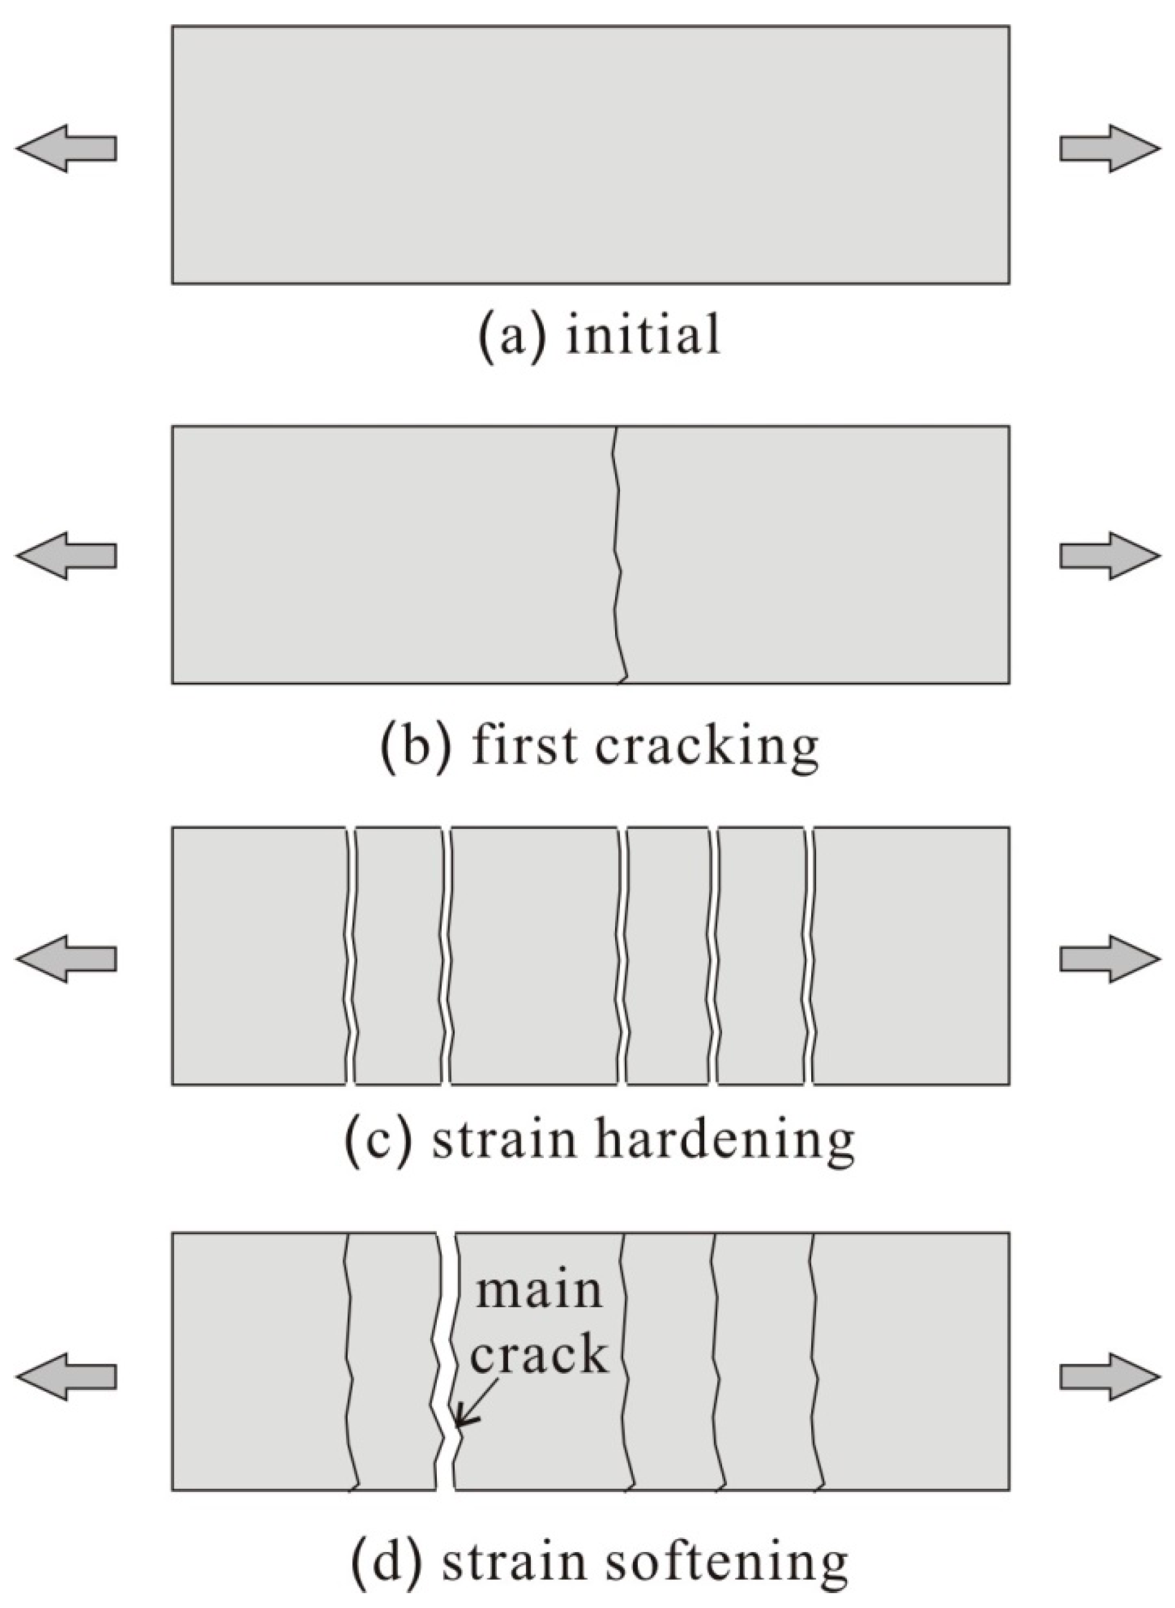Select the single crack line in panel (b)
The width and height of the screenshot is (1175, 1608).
618,555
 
